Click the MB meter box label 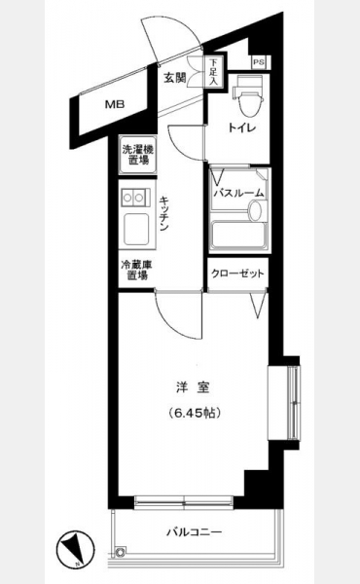(x=115, y=104)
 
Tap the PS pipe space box (x=259, y=62)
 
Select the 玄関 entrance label (x=175, y=78)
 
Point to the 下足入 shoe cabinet (x=213, y=72)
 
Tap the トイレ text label (x=241, y=128)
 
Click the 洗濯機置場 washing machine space (x=138, y=155)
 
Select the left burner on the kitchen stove (x=128, y=197)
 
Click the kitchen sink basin (x=136, y=229)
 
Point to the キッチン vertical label (x=163, y=213)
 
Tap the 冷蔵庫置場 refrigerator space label (x=137, y=271)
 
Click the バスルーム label (x=238, y=194)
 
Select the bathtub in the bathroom (x=239, y=235)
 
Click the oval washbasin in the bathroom (x=256, y=211)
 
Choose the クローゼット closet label (x=237, y=274)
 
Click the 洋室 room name (x=193, y=387)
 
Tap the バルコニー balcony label (x=194, y=531)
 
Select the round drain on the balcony (x=121, y=551)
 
